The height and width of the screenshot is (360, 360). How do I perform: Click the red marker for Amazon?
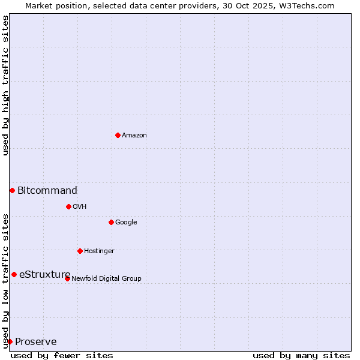118,135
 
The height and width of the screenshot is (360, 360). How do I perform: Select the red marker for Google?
111,222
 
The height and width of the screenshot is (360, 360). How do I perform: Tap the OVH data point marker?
68,206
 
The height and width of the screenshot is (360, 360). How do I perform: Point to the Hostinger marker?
80,251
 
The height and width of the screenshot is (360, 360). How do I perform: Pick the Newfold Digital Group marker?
67,278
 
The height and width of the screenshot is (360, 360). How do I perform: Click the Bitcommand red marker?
12,190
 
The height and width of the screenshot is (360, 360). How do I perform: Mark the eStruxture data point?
14,274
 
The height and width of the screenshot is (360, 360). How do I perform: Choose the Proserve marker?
10,341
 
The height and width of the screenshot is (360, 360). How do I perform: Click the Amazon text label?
134,136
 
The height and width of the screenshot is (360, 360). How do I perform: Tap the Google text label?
126,223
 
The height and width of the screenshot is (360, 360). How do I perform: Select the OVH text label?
80,207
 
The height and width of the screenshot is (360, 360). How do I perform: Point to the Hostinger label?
99,251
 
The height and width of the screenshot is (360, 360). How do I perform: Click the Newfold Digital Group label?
106,278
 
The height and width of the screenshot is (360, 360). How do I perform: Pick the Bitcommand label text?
47,191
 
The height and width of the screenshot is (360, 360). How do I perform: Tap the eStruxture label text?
45,275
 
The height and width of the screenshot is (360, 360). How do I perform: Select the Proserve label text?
36,342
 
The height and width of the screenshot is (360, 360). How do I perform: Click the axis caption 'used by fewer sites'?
62,355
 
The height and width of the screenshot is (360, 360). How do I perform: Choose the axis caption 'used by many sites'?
301,355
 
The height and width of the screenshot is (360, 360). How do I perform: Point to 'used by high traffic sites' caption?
5,85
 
